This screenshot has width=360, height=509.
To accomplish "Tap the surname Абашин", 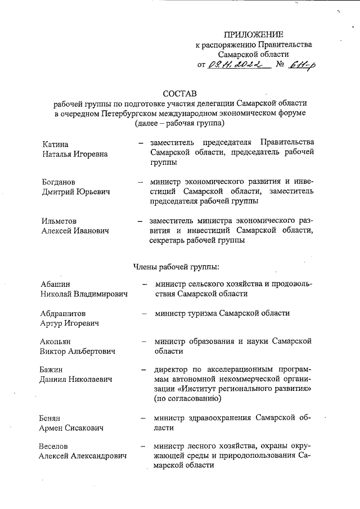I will [55, 284].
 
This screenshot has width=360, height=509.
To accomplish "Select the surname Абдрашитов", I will [62, 313].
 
